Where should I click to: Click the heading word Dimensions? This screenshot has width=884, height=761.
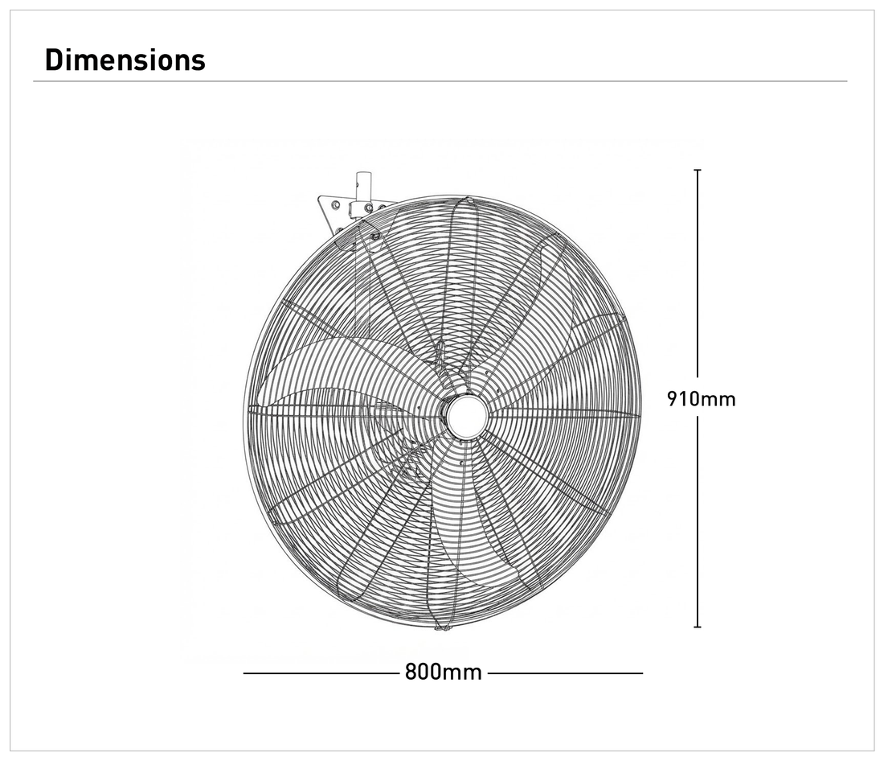click(125, 60)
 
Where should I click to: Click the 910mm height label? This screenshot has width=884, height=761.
click(701, 399)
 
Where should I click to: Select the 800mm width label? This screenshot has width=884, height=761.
click(443, 673)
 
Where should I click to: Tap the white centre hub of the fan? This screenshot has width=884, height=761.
click(466, 416)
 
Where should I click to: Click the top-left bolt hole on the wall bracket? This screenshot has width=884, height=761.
click(335, 204)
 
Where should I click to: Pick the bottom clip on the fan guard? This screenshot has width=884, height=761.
click(443, 627)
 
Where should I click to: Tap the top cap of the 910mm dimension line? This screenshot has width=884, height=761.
click(698, 170)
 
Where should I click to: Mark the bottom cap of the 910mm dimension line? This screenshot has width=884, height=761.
click(698, 627)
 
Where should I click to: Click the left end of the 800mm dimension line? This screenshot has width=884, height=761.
click(244, 673)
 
